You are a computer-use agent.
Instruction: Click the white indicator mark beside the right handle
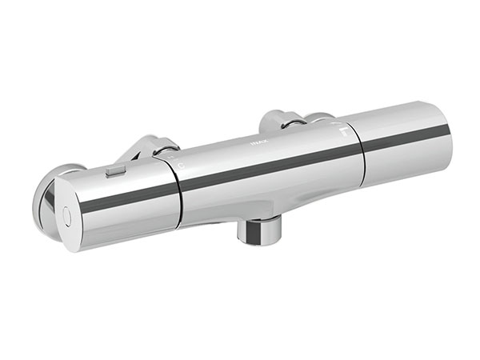(x=343, y=130)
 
